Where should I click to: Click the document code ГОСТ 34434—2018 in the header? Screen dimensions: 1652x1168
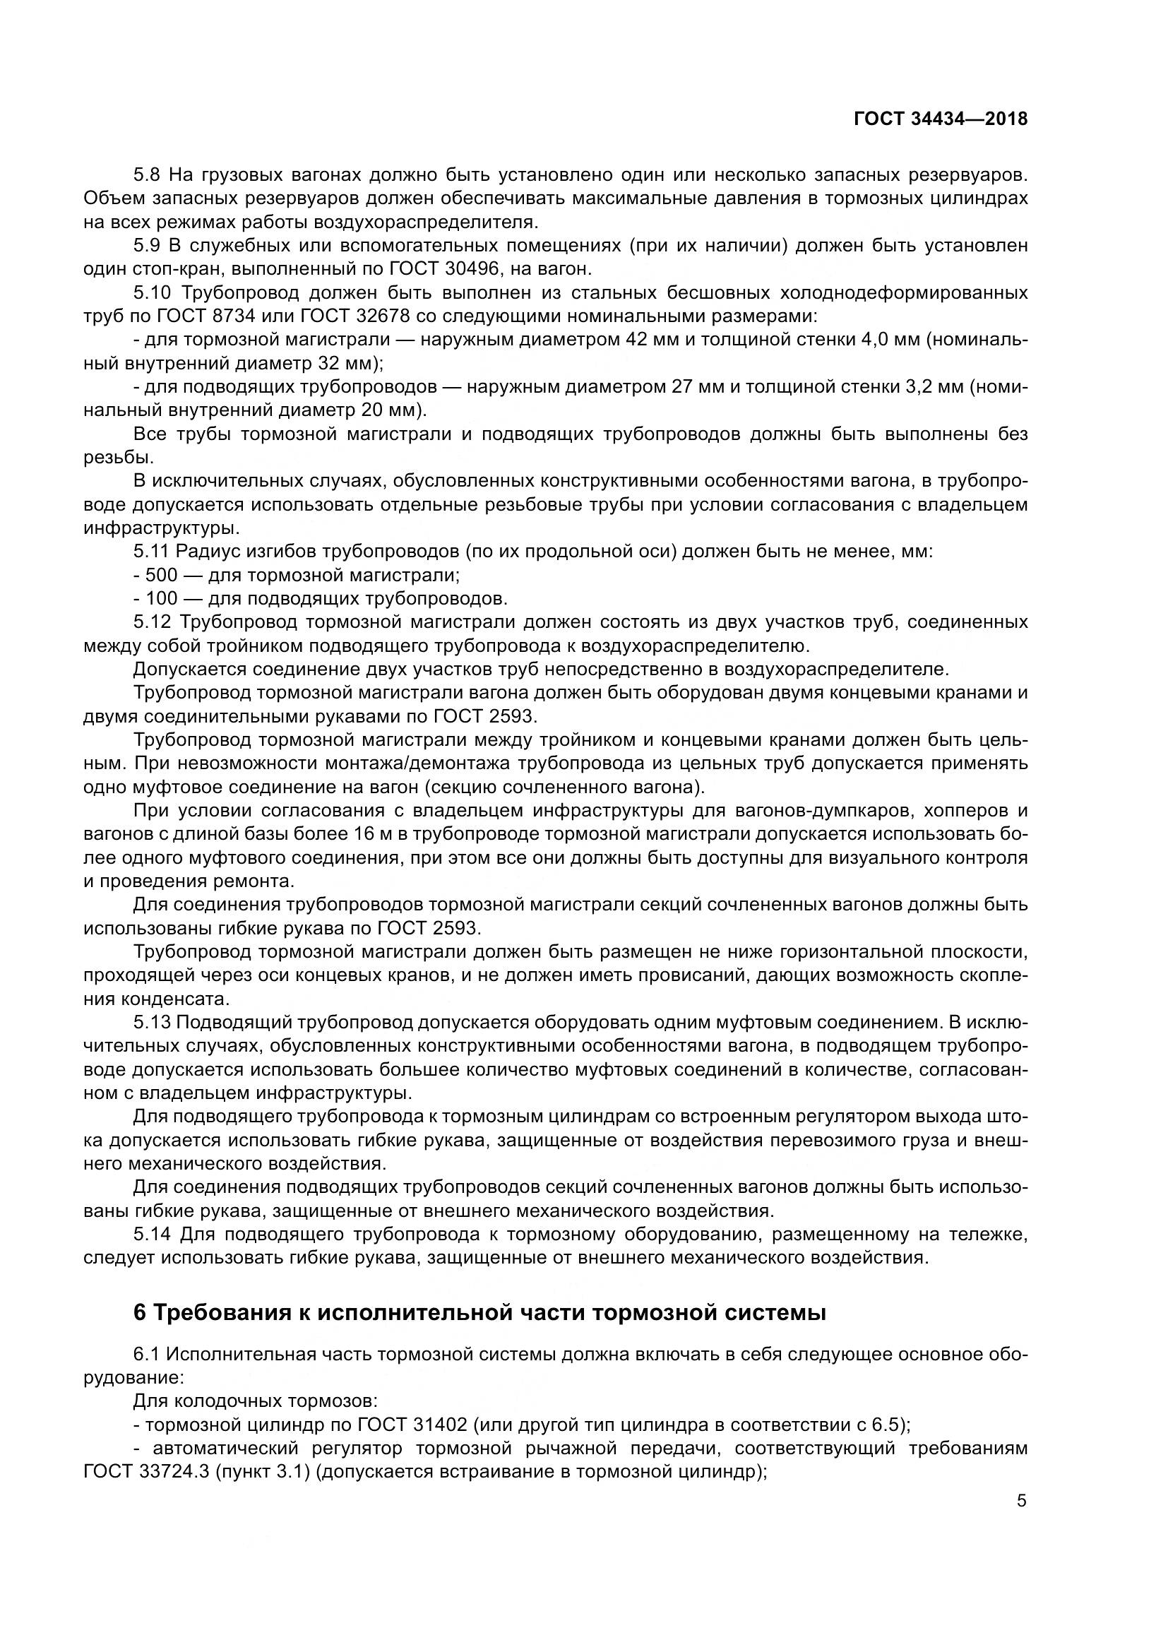coord(940,119)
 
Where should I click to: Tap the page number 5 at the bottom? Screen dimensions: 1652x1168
coord(1021,1501)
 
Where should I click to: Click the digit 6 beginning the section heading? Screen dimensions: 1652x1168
coord(141,1313)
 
